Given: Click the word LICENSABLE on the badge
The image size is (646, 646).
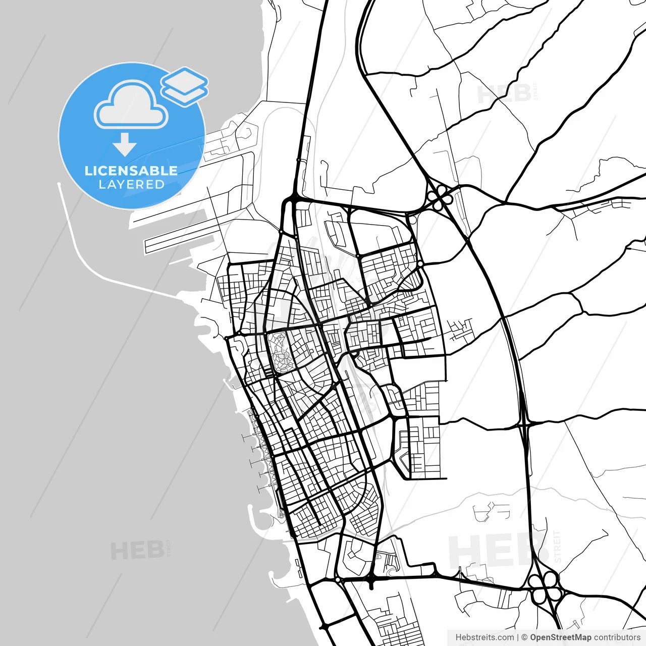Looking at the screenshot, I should click(x=131, y=171).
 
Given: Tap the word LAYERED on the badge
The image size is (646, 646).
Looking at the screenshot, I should click(x=131, y=185).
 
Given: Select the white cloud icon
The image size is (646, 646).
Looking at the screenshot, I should click(x=131, y=105).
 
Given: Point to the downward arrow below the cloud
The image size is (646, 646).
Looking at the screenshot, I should click(x=125, y=144).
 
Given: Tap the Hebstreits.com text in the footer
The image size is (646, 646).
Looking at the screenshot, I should click(x=484, y=637).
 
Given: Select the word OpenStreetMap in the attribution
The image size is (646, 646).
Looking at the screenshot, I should click(x=560, y=637).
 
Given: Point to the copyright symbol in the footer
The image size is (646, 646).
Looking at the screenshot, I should click(x=524, y=637).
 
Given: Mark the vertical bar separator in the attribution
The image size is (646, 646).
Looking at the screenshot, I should click(x=518, y=637).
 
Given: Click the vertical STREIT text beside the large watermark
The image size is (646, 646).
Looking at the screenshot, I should click(x=557, y=546).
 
